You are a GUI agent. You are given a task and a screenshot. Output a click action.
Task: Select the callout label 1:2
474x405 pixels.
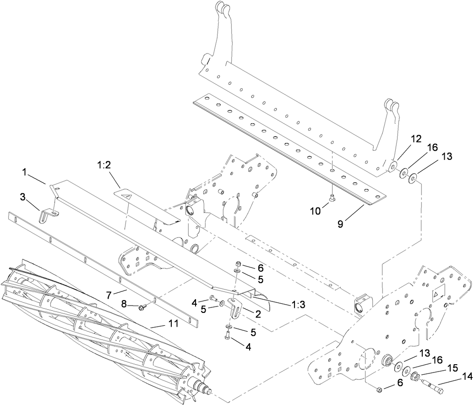104,164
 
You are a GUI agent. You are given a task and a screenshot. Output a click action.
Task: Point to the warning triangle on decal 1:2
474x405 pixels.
130,196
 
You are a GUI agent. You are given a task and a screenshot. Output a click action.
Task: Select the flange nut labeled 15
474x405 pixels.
415,378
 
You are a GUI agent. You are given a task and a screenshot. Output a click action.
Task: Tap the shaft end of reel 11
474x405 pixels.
207,391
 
